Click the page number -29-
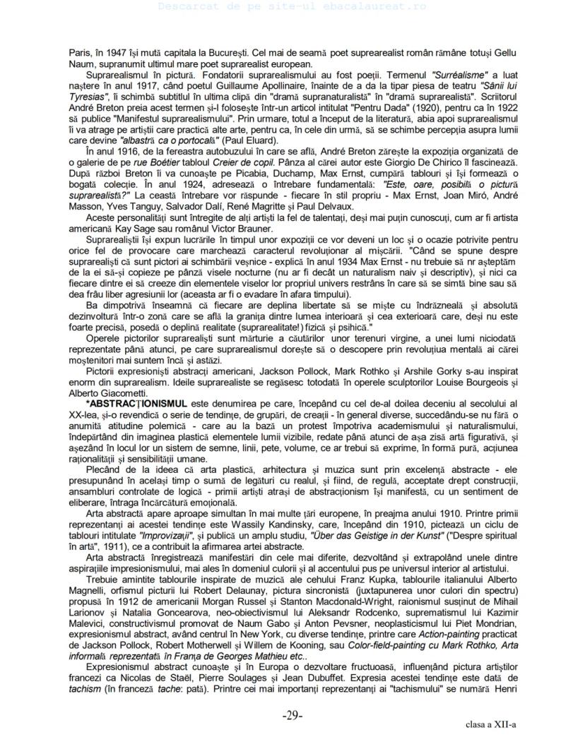coord(292,715)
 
